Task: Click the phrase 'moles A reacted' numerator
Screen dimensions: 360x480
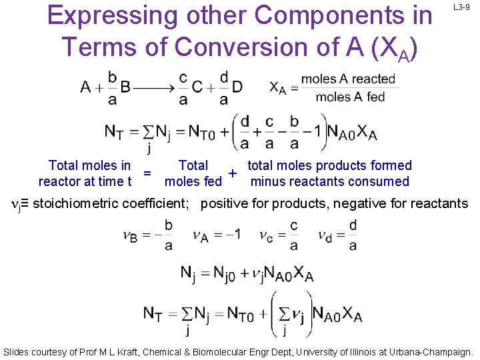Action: pos(348,79)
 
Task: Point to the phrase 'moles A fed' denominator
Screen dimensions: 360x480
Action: pos(350,97)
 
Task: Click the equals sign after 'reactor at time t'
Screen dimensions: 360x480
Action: pos(147,173)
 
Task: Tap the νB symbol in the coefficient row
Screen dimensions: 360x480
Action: pos(130,235)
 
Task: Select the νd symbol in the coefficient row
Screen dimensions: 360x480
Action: pos(325,235)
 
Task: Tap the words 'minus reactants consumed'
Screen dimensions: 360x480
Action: pos(329,181)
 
